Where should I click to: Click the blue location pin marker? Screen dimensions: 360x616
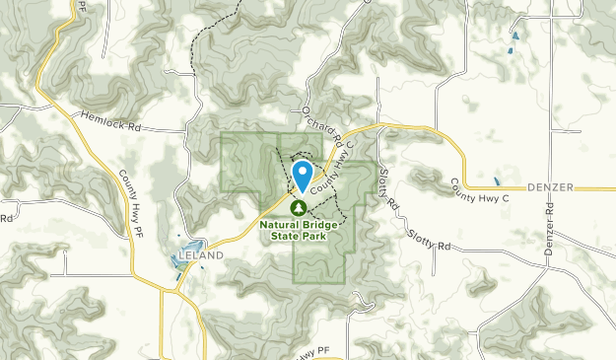[302, 176]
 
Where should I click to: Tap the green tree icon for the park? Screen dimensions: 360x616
[299, 206]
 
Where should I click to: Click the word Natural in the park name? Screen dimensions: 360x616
[281, 224]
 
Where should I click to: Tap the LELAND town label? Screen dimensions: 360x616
[201, 256]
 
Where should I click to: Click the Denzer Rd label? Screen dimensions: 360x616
[549, 232]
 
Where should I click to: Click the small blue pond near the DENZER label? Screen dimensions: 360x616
[497, 182]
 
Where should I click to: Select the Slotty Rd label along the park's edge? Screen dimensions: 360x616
[388, 190]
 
